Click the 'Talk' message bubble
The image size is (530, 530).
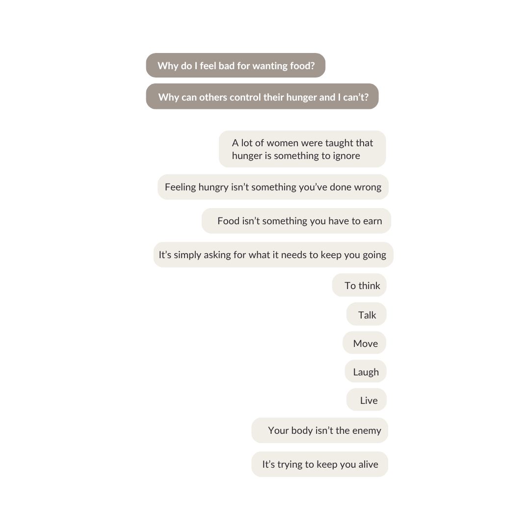[x=367, y=315]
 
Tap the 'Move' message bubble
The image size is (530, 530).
[x=365, y=344]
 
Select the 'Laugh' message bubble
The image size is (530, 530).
[x=366, y=372]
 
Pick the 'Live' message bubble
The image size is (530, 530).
[x=369, y=400]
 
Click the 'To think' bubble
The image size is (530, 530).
[x=362, y=286]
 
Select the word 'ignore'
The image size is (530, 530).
[x=346, y=156]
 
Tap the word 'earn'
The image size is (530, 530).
[x=372, y=221]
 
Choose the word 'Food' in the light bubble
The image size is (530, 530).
[x=228, y=221]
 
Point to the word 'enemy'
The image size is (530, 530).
[x=367, y=431]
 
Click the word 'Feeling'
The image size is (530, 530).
[x=180, y=187]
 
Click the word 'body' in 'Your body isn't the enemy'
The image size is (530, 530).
[x=302, y=431]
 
